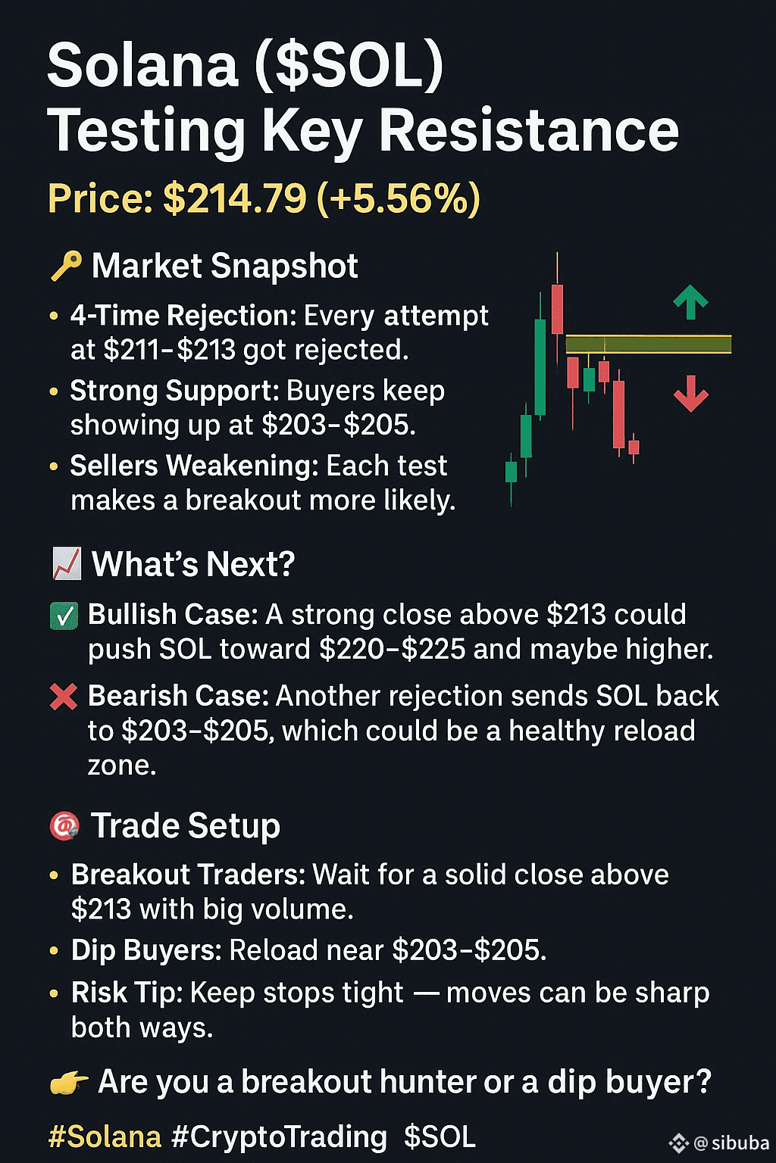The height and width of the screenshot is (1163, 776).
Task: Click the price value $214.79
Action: click(x=234, y=198)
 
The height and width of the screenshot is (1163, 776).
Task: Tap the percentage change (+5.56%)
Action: click(x=398, y=199)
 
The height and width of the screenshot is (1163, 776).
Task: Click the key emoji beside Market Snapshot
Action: click(x=66, y=267)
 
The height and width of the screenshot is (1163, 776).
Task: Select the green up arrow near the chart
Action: click(x=690, y=301)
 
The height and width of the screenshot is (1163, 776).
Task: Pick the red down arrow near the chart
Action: click(x=691, y=394)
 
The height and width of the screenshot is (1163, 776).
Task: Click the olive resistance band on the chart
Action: click(x=648, y=345)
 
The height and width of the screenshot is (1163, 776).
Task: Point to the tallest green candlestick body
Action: click(x=540, y=367)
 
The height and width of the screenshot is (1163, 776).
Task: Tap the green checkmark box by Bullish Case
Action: click(x=64, y=616)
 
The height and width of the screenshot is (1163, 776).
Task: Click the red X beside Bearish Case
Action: click(x=64, y=697)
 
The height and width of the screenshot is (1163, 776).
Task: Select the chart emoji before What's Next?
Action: click(x=67, y=564)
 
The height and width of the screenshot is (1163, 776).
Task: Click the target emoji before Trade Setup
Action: click(x=64, y=827)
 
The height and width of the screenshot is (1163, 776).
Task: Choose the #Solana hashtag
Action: click(x=105, y=1136)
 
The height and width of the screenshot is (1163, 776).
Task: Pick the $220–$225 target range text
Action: click(x=393, y=649)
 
